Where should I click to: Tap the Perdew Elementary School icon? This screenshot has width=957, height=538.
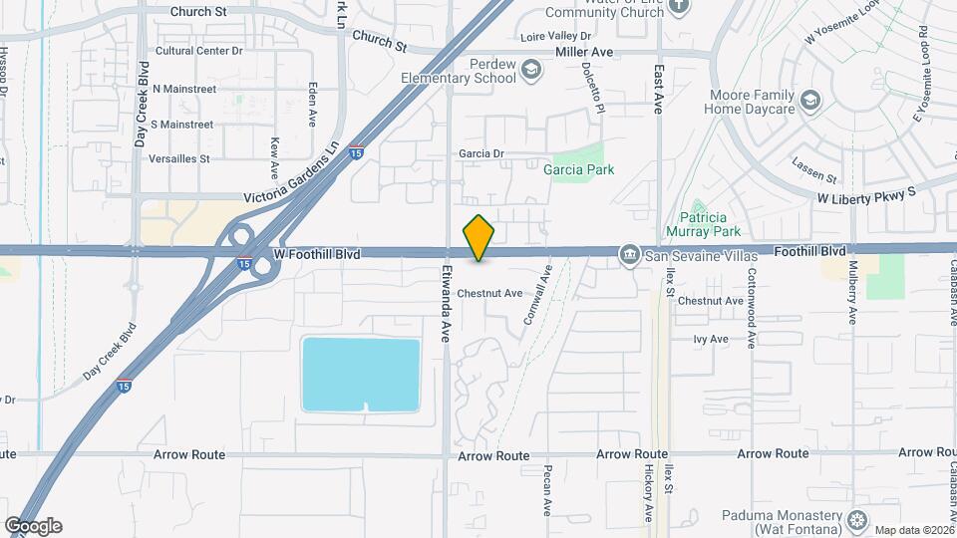[532, 69]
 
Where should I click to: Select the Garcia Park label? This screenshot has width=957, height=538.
[578, 169]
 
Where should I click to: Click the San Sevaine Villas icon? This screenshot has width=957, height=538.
[629, 256]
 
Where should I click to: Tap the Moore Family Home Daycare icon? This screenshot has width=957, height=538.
[811, 100]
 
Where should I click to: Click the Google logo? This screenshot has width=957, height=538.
[33, 526]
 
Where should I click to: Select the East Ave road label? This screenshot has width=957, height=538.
[658, 90]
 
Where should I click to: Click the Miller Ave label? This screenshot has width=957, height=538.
[583, 51]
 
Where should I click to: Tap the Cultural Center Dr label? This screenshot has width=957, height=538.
[199, 51]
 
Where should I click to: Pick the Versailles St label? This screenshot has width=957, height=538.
[178, 158]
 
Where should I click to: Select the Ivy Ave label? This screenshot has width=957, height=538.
[712, 339]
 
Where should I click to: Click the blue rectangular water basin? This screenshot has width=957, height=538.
[360, 374]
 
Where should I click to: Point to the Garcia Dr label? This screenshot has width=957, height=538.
[482, 154]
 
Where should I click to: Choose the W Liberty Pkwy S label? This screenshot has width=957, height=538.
[866, 198]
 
